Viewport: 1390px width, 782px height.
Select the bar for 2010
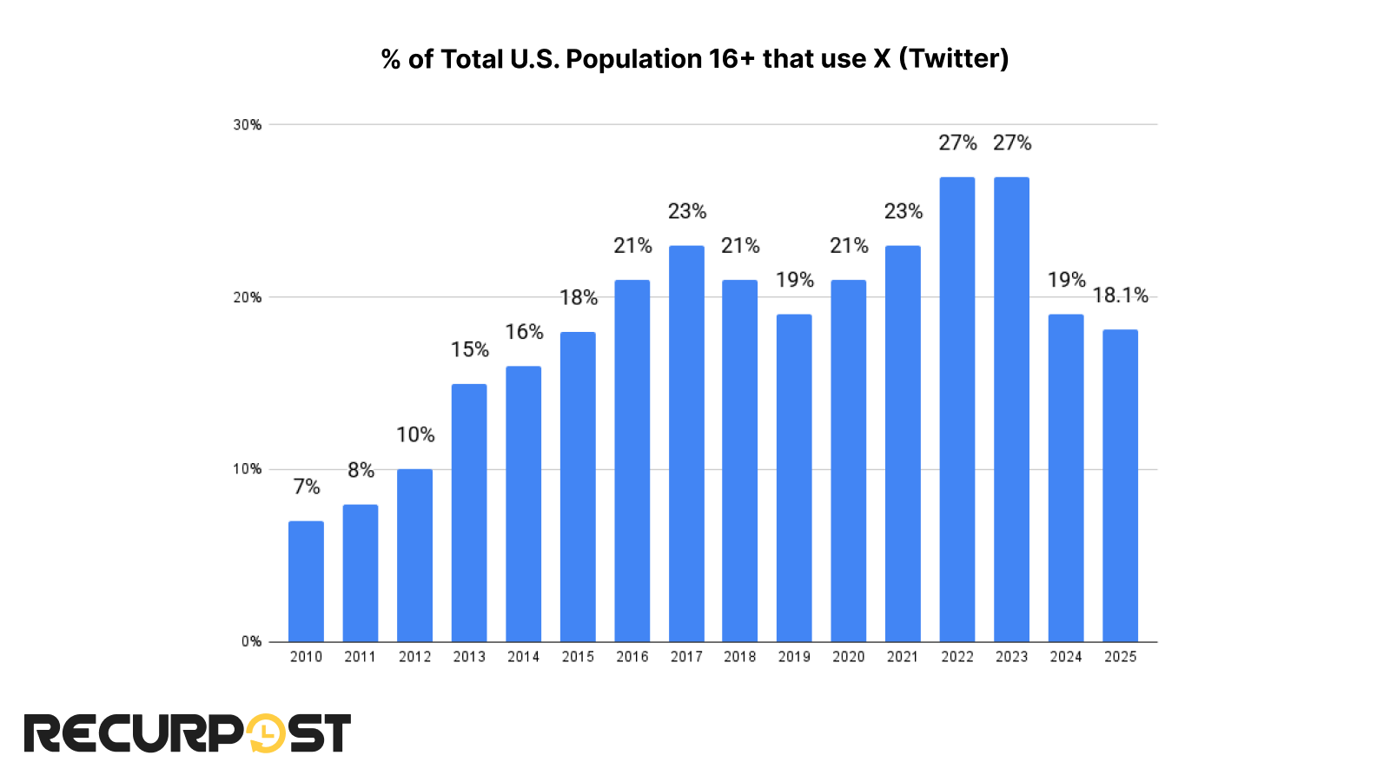(306, 581)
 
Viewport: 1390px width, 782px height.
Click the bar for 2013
(469, 513)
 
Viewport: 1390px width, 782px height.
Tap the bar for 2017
(686, 443)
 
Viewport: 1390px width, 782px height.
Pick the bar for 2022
(957, 409)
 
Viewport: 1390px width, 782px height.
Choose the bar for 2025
(1120, 486)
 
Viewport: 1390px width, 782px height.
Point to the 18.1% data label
(1120, 295)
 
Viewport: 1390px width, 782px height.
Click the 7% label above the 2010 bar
(306, 487)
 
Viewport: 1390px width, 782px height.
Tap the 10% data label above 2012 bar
(415, 434)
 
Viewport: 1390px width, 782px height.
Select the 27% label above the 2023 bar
(1012, 142)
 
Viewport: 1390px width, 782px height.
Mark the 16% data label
(524, 332)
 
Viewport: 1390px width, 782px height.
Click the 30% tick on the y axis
(248, 125)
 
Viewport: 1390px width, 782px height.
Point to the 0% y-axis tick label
(251, 641)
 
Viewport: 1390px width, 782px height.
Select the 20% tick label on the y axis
(248, 297)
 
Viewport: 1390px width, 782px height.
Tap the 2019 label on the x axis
(794, 657)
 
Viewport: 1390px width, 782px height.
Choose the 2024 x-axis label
(1066, 657)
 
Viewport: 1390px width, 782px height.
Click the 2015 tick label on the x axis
(578, 657)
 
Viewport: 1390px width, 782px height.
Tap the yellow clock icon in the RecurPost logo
(265, 733)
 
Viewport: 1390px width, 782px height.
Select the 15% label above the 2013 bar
(469, 349)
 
